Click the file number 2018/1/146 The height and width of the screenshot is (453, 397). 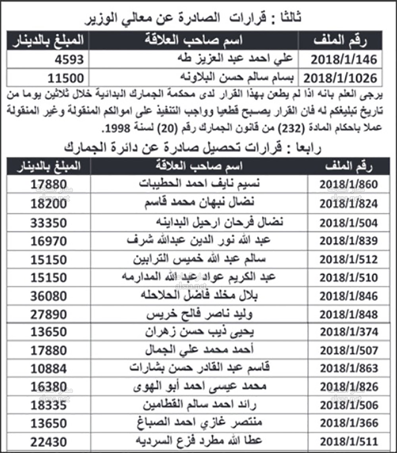tap(343, 59)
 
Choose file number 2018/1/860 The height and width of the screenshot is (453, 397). tap(349, 185)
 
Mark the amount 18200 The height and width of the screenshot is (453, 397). tap(50, 203)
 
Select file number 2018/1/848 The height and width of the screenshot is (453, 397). tap(349, 314)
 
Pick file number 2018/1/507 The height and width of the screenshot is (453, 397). tap(349, 350)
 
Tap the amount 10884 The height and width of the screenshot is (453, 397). tap(50, 368)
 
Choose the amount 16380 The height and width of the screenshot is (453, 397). tap(50, 386)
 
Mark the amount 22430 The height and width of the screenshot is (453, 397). tap(50, 441)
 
